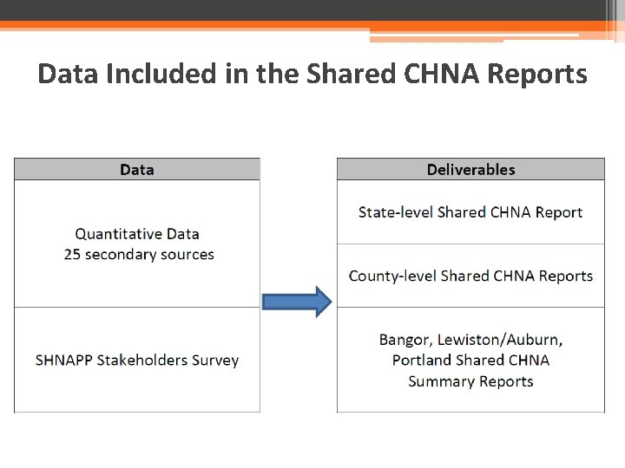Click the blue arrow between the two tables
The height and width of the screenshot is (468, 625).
tap(297, 302)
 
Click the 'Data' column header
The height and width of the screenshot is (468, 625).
tap(137, 170)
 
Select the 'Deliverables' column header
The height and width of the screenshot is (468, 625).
tap(470, 170)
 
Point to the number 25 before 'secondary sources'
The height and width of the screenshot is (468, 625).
tap(72, 255)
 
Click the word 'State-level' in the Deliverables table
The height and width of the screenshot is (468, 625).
tap(396, 212)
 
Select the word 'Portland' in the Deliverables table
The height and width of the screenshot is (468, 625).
tap(422, 361)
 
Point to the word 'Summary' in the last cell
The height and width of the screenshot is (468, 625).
tap(439, 382)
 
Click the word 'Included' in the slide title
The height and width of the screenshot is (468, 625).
tap(161, 74)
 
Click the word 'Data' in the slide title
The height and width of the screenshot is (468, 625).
tap(68, 74)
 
